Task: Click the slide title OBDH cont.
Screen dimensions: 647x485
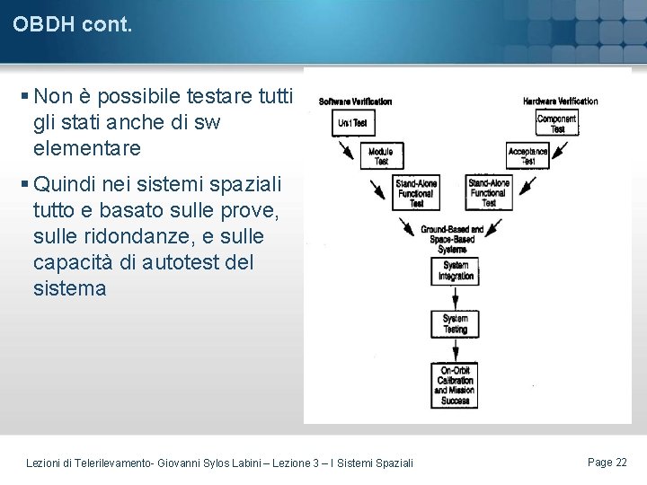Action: tap(73, 25)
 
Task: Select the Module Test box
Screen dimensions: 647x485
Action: tap(381, 156)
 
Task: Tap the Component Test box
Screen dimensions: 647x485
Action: tap(557, 124)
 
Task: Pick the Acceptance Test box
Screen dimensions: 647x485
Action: tap(527, 156)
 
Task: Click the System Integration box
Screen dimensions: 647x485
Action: tap(455, 271)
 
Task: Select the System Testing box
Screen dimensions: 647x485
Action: tap(455, 323)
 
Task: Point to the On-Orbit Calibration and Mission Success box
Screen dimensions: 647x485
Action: tap(455, 385)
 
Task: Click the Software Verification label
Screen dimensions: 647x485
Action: tap(355, 101)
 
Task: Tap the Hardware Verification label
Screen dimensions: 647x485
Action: tap(560, 101)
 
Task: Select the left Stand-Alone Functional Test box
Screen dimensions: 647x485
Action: tap(416, 193)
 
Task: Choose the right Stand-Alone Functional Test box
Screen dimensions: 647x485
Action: tap(488, 193)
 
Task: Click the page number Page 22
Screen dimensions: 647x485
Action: tap(607, 462)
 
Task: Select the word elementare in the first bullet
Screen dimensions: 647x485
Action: tap(87, 146)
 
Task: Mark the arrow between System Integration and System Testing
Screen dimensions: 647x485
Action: tap(455, 297)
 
